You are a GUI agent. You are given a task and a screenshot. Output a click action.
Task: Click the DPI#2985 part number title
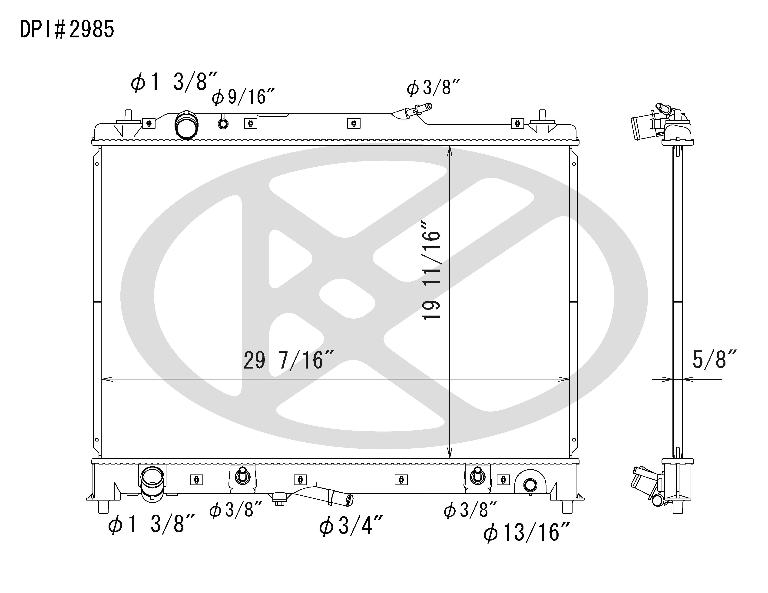pyautogui.click(x=67, y=29)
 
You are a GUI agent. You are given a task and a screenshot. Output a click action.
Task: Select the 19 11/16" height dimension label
pyautogui.click(x=431, y=270)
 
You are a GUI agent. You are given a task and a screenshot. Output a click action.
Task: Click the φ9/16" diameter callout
pyautogui.click(x=243, y=97)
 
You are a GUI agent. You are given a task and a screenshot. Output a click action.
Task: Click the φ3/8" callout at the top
pyautogui.click(x=433, y=88)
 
